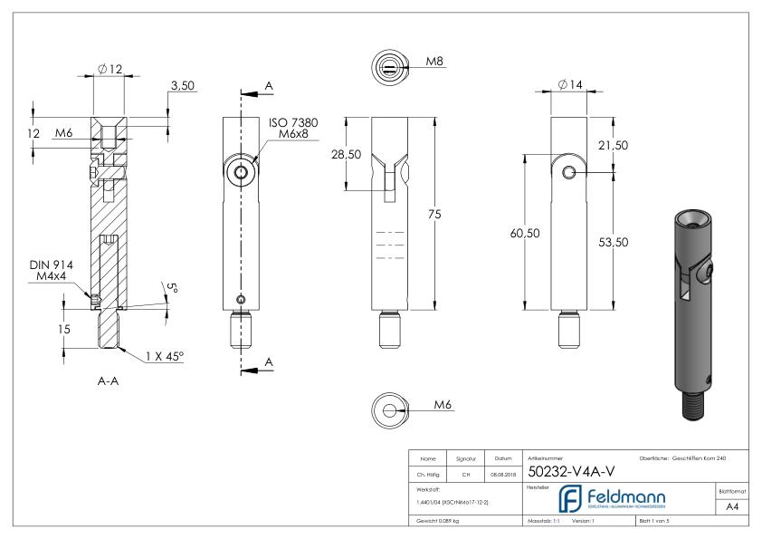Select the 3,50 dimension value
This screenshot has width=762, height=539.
(x=181, y=85)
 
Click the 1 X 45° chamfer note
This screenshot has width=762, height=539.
(x=164, y=357)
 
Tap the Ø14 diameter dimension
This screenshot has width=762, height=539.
(x=570, y=84)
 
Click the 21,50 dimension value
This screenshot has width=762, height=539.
(x=638, y=145)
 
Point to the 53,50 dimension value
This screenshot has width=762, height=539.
(x=638, y=242)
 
